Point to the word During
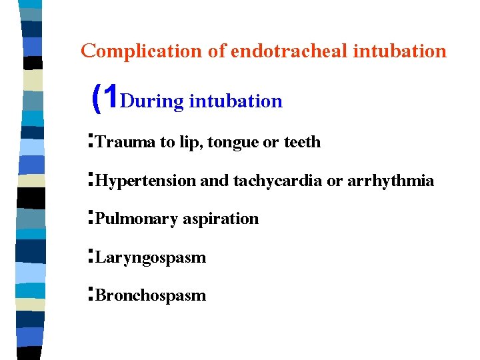coord(153,101)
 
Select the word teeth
coord(302,142)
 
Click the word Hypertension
coord(146,181)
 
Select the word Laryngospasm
coord(151,257)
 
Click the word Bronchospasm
coord(151,295)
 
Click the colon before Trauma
coord(90,141)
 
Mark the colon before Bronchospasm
coord(90,295)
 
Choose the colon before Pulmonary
coord(90,218)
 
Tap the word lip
coord(191,143)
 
